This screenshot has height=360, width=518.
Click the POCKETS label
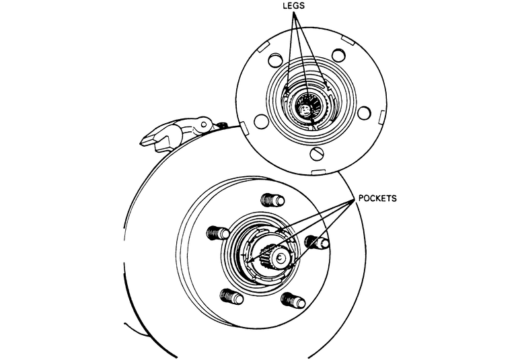tap(378, 199)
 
